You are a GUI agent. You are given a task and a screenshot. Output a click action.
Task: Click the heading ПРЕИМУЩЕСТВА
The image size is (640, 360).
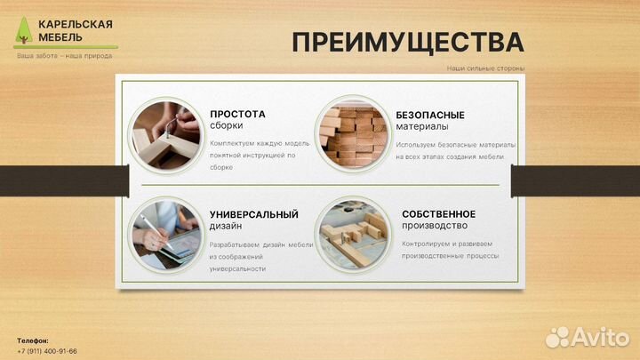[408, 42]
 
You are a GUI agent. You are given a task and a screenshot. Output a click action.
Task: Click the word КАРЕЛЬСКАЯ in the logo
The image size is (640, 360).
[75, 24]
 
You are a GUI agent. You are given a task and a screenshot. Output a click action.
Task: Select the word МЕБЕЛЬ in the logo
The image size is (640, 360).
[60, 37]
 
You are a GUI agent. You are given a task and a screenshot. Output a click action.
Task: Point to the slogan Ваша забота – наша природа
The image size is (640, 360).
[64, 56]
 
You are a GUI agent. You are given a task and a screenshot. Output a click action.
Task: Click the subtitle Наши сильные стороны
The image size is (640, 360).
[485, 68]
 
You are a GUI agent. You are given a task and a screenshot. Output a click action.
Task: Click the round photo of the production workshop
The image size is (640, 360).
[351, 233]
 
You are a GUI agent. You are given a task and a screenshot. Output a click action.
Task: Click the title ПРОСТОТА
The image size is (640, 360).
[237, 114]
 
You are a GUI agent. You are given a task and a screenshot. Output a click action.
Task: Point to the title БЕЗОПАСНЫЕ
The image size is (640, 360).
[430, 115]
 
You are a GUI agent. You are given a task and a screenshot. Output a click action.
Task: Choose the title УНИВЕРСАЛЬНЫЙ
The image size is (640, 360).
[253, 214]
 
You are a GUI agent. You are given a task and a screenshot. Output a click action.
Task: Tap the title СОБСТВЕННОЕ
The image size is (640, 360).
[438, 213]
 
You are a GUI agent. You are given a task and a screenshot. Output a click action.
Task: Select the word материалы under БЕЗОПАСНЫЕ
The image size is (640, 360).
[422, 126]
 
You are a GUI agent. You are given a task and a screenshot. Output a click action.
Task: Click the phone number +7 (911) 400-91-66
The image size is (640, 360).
[47, 351]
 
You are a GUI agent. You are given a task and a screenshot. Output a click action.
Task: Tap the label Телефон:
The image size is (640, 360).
[33, 340]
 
